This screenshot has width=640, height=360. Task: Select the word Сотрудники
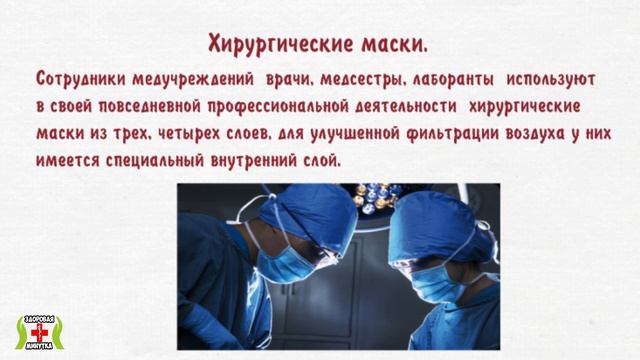83,77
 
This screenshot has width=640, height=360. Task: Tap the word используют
552,77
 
